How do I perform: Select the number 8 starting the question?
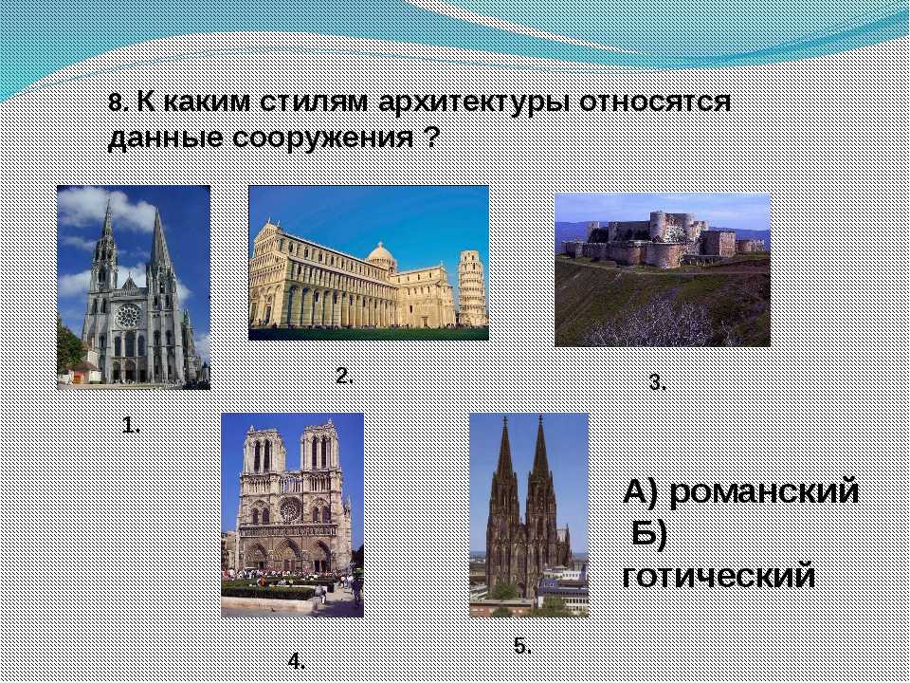[115, 102]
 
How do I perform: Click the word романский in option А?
[764, 491]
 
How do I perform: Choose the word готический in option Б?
[719, 577]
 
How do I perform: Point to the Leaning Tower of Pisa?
[472, 288]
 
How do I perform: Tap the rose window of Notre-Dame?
[290, 509]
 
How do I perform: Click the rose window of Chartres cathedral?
[128, 315]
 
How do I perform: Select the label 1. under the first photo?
[131, 426]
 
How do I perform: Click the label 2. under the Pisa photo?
[344, 376]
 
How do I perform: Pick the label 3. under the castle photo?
[658, 382]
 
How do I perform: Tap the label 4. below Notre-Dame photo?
[297, 660]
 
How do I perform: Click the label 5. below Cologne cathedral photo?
[522, 645]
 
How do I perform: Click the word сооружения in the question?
[322, 138]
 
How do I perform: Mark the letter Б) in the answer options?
[649, 534]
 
